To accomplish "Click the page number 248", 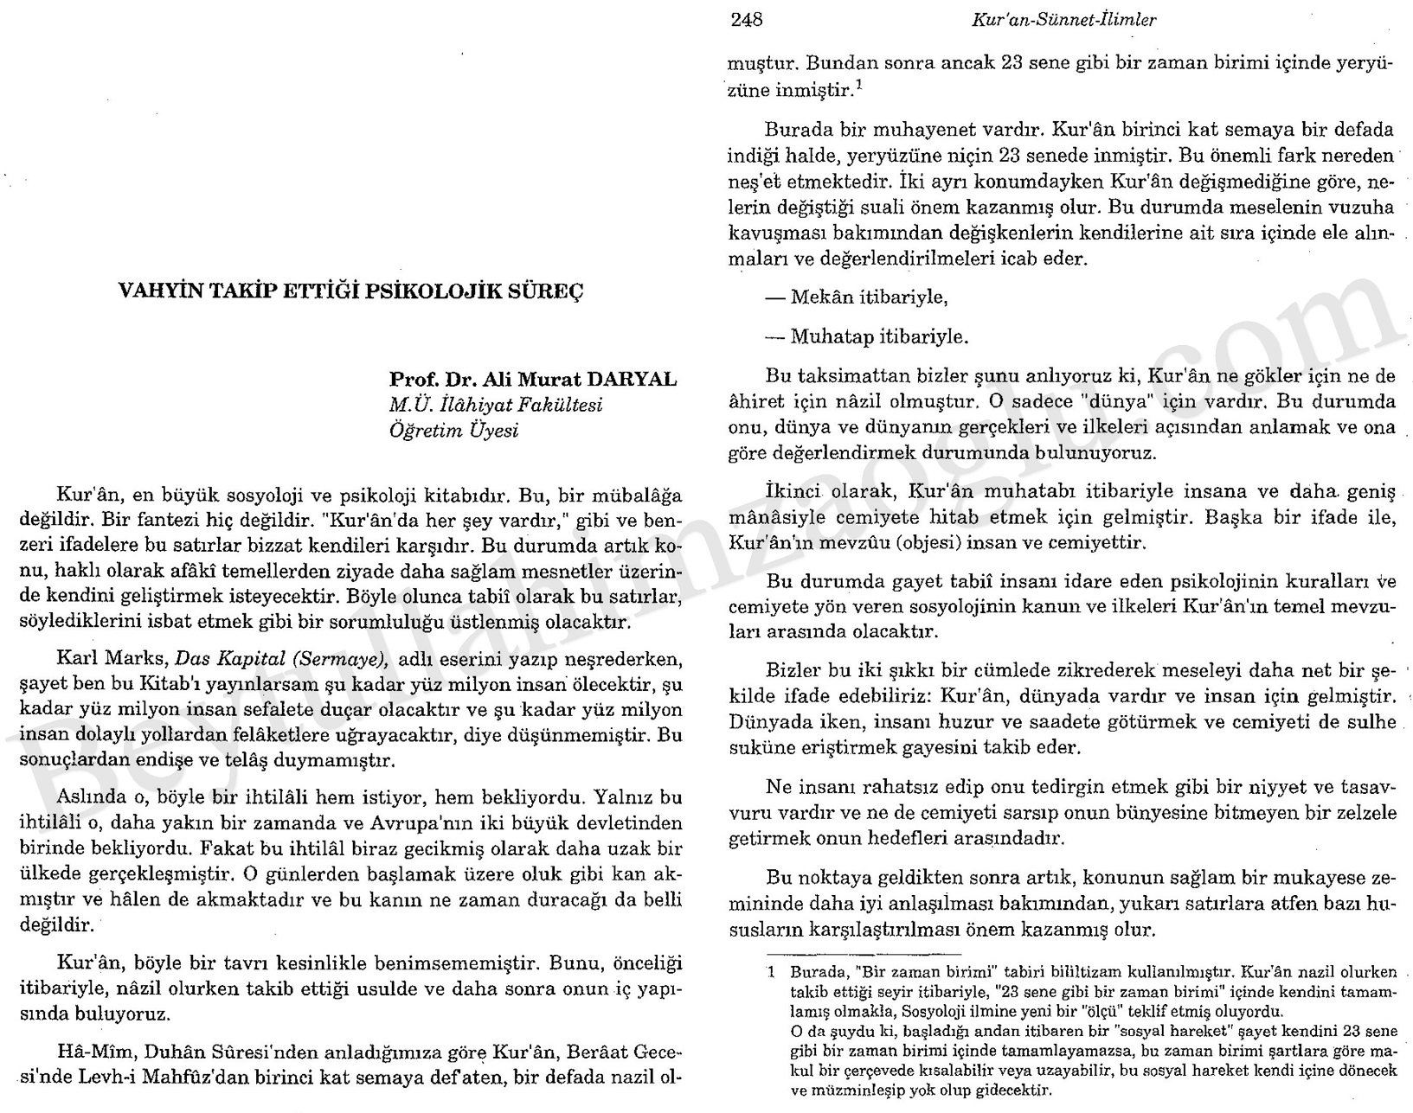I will (x=746, y=19).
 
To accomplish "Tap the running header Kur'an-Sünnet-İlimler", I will (x=1063, y=19).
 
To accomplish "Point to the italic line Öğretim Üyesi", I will (x=453, y=430).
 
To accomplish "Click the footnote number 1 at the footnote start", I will (x=770, y=970).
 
